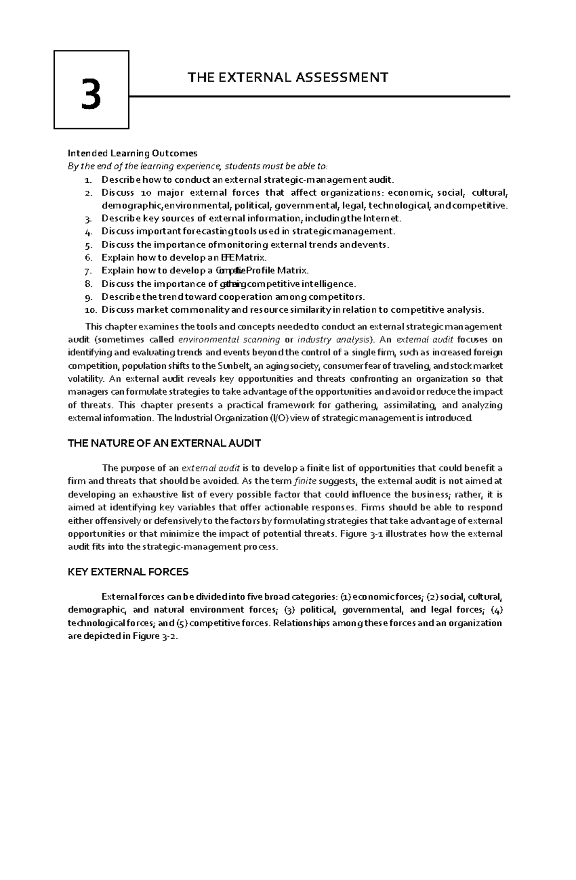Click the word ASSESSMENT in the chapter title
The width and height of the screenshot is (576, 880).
tap(341, 77)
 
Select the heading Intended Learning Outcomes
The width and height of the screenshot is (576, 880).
tap(132, 153)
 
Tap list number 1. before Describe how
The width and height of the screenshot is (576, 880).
tap(87, 180)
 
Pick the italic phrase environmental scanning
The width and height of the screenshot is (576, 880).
tap(229, 340)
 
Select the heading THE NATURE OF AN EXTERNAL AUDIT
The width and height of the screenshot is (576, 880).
tap(164, 443)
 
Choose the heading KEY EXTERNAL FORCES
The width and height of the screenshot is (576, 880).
tap(128, 572)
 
